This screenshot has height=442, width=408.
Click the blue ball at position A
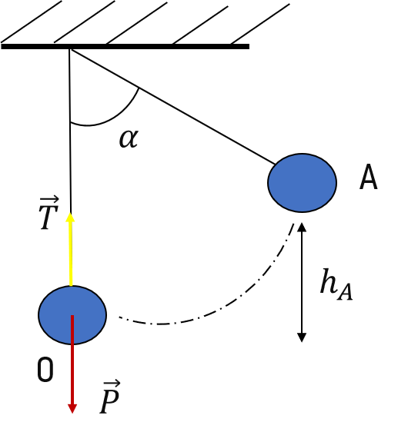pyautogui.click(x=302, y=183)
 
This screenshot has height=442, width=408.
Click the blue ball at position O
pyautogui.click(x=72, y=315)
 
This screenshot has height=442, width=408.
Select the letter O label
pyautogui.click(x=45, y=369)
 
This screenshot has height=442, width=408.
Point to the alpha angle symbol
pyautogui.click(x=129, y=138)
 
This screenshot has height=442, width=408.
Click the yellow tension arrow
pyautogui.click(x=71, y=250)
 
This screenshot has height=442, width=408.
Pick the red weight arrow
pyautogui.click(x=72, y=364)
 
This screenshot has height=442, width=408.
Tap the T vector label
pyautogui.click(x=49, y=213)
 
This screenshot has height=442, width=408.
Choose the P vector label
pyautogui.click(x=110, y=397)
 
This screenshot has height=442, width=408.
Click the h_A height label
pyautogui.click(x=336, y=284)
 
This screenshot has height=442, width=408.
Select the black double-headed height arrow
pyautogui.click(x=302, y=282)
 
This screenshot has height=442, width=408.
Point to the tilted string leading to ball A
pyautogui.click(x=172, y=107)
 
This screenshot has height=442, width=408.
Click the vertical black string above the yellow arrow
pyautogui.click(x=70, y=131)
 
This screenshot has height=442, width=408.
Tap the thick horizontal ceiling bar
pyautogui.click(x=125, y=46)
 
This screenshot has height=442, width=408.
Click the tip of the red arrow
pyautogui.click(x=72, y=414)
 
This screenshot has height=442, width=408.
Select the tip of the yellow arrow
pyautogui.click(x=70, y=213)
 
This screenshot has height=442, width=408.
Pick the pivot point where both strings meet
pyautogui.click(x=70, y=49)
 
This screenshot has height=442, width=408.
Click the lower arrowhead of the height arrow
pyautogui.click(x=302, y=342)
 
